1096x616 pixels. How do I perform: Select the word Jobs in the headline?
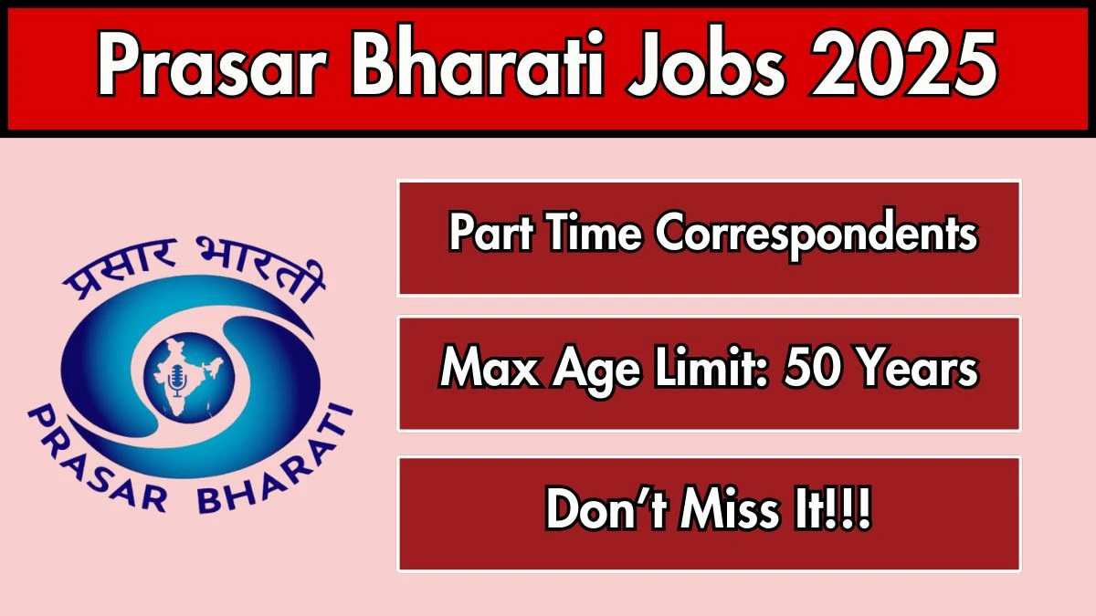point(704,62)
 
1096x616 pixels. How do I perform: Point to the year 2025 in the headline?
point(902,62)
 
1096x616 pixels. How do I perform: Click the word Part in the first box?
point(491,233)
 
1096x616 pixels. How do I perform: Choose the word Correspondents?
point(816,235)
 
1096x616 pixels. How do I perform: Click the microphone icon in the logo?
point(177,381)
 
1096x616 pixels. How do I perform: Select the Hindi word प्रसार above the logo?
point(119,266)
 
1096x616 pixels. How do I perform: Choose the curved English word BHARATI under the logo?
point(275,465)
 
